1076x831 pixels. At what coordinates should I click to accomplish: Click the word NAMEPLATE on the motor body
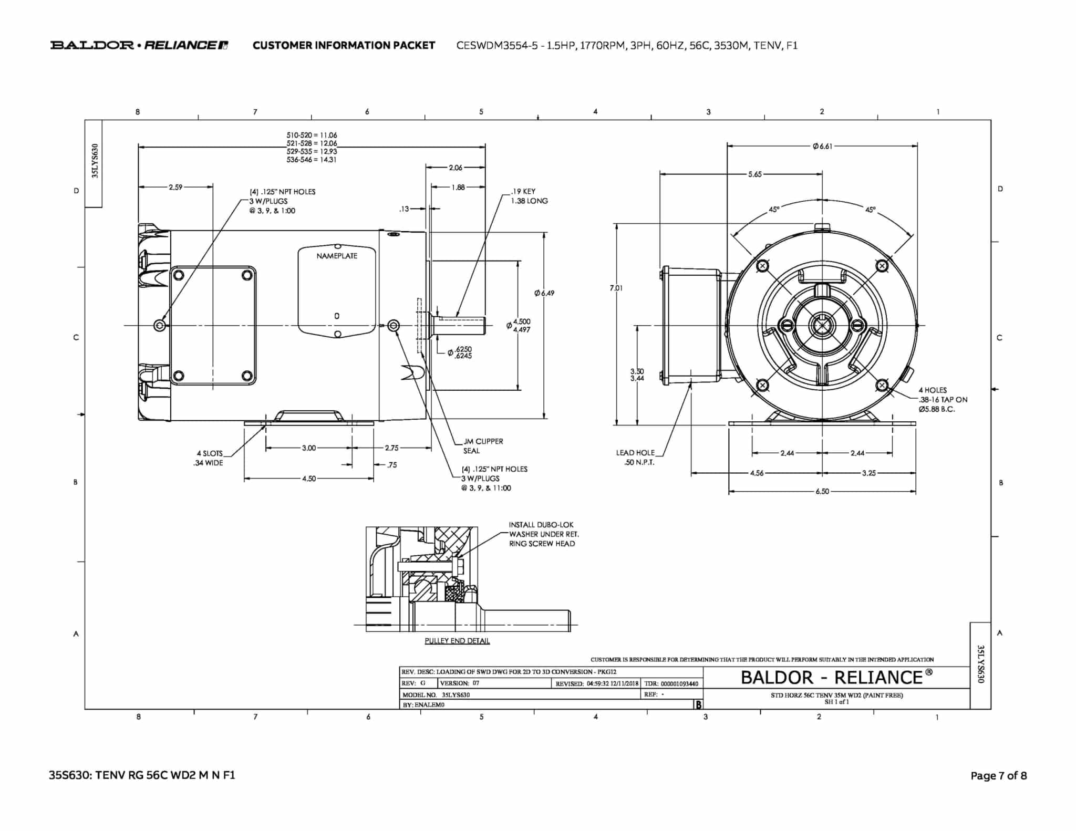coord(337,256)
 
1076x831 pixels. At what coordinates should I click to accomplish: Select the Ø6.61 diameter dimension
coord(822,146)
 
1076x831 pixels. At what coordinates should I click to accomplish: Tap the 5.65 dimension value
coord(754,174)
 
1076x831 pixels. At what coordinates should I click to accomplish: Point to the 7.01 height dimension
coord(616,288)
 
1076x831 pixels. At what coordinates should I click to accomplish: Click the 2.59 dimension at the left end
coord(175,187)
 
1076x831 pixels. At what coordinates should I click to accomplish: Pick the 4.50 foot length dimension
coord(309,479)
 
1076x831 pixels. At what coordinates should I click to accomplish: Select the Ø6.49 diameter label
coord(544,293)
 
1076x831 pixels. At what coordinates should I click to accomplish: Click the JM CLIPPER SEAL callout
coord(482,446)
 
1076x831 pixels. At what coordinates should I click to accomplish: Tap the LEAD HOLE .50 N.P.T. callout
coord(635,457)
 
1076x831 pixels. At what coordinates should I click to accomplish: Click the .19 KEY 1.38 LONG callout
coord(529,196)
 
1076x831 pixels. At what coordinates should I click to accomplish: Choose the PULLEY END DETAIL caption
coord(457,641)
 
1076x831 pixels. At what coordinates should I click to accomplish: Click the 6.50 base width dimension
coord(822,492)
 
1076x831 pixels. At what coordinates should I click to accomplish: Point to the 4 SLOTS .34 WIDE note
coord(209,458)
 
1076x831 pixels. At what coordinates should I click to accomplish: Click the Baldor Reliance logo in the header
coord(139,45)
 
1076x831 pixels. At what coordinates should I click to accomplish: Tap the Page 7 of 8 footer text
coord(998,775)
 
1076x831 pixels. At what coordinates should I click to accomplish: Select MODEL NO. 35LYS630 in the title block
coord(436,694)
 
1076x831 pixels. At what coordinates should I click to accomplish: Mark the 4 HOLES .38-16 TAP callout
coord(942,400)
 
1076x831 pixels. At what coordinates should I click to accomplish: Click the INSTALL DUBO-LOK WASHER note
coord(543,534)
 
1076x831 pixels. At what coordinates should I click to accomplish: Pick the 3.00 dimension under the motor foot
coord(309,448)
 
